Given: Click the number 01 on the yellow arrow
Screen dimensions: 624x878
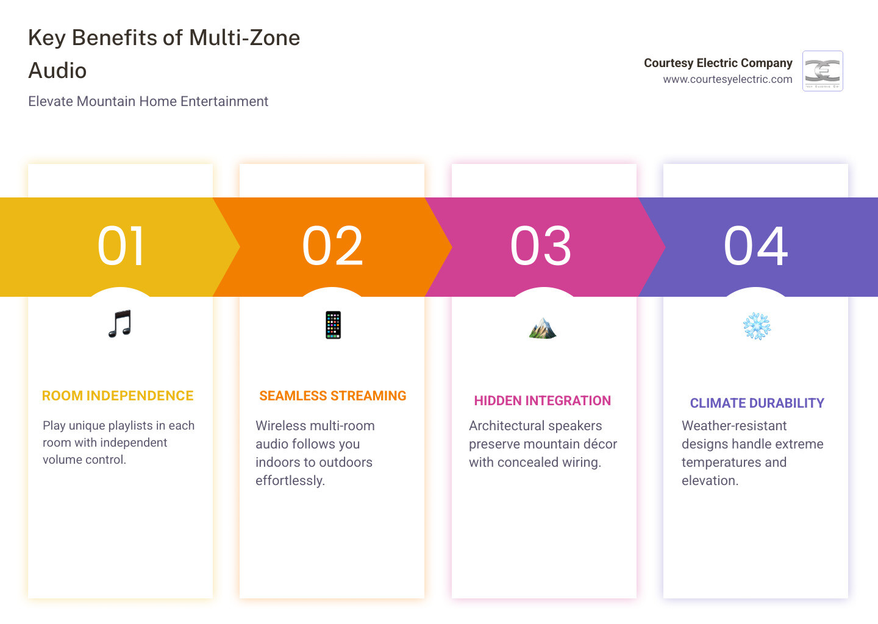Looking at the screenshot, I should [x=121, y=246].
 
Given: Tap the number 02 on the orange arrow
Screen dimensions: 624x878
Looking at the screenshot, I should [x=332, y=246].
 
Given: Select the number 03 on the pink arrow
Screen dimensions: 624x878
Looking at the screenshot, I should [x=541, y=246].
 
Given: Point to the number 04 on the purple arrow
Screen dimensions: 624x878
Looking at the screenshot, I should [x=755, y=246].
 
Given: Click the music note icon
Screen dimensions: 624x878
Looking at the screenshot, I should [x=120, y=324].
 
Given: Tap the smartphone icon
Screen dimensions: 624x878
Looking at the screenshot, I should [x=333, y=325].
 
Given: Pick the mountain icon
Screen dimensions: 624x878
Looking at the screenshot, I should [x=543, y=328].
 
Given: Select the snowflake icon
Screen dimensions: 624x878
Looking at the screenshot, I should [x=757, y=327].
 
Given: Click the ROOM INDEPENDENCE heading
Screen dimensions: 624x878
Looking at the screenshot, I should [x=118, y=396].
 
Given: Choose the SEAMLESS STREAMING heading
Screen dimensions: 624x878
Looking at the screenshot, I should [x=332, y=396].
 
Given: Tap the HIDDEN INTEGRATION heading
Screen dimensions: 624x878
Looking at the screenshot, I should [x=543, y=401].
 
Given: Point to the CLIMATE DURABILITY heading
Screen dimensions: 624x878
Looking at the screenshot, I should [x=757, y=403].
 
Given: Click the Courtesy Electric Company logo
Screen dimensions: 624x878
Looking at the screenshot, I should [x=823, y=71].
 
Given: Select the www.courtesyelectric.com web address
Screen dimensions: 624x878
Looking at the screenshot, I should [x=727, y=79].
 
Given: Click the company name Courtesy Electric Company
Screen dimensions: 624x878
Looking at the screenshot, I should [x=718, y=63].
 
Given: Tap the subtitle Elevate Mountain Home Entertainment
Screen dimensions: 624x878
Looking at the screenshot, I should [x=148, y=101].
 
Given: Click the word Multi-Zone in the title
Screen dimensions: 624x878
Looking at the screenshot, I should [x=244, y=38].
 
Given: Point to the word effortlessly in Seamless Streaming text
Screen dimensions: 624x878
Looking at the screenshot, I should [x=290, y=481].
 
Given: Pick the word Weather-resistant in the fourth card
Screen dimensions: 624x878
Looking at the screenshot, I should [x=734, y=426].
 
